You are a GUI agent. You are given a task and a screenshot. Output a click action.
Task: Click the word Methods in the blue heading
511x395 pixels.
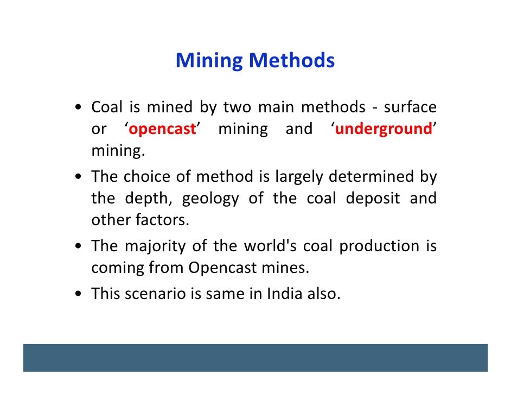[x=291, y=61]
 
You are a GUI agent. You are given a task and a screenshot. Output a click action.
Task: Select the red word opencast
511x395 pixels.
[x=162, y=130]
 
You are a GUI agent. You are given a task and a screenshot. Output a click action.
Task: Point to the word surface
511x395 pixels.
[x=410, y=107]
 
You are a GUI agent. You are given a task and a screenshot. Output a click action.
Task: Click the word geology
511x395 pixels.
[x=210, y=199]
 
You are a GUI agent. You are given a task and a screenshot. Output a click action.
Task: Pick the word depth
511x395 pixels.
[x=148, y=199]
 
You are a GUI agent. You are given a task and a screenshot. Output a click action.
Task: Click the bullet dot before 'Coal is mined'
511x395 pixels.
[x=80, y=108]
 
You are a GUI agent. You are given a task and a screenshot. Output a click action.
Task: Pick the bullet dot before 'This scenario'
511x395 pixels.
[x=80, y=294]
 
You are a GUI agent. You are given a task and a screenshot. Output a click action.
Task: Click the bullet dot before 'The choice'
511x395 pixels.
[x=80, y=177]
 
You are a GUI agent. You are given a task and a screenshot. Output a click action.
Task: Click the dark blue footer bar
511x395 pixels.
[x=255, y=358]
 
